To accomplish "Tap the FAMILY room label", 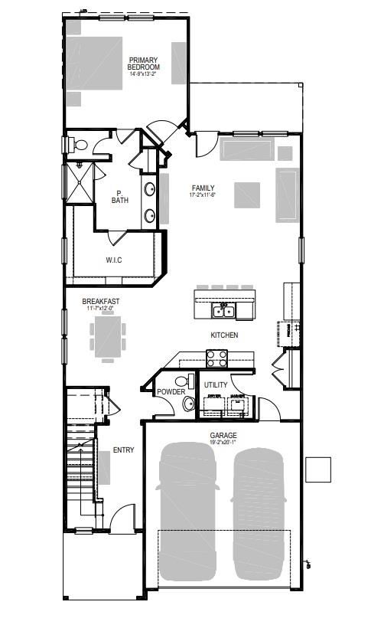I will click(203, 188).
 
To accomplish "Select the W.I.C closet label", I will click(113, 260).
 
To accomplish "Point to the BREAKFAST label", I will click(101, 302).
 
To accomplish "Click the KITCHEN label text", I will click(224, 335).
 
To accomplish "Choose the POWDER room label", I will click(171, 392).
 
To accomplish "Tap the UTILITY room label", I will click(215, 385).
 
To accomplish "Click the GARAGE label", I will click(223, 435).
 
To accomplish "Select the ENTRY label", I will click(123, 450).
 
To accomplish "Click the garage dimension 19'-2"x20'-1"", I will click(223, 442).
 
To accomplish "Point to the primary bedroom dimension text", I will click(144, 75).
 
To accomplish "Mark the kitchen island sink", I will click(224, 311).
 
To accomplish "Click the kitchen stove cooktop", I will click(216, 355).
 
